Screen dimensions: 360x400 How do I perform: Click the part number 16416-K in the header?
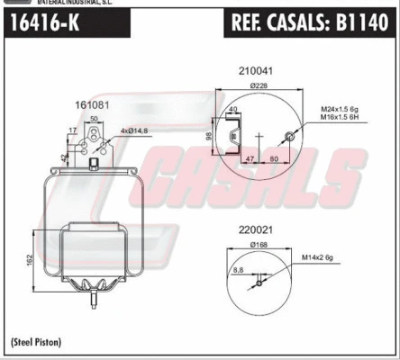[x=44, y=24]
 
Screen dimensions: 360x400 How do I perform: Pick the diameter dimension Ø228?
[x=258, y=86]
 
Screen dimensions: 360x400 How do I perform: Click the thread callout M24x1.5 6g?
[x=344, y=110]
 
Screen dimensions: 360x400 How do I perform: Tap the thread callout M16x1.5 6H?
[x=344, y=119]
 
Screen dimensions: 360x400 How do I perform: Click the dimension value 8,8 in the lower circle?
[x=239, y=269]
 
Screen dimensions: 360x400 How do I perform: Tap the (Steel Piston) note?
[x=41, y=343]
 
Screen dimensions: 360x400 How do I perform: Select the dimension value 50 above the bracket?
[x=94, y=119]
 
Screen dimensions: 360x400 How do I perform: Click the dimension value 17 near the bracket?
[x=71, y=132]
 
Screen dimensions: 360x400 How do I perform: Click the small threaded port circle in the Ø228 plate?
[x=288, y=138]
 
